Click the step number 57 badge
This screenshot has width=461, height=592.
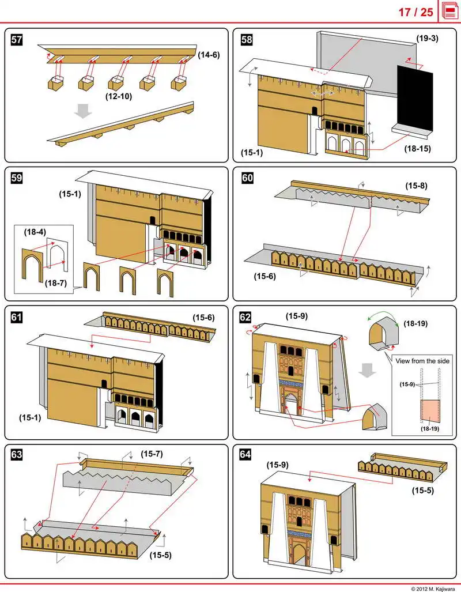click(x=17, y=40)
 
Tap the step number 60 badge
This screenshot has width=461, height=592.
click(x=247, y=178)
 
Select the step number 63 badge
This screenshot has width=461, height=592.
click(x=17, y=455)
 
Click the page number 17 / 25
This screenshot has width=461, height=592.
click(x=415, y=12)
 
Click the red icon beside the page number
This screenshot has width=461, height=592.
click(x=449, y=12)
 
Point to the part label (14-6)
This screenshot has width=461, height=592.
click(x=209, y=55)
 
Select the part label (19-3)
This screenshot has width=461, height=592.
click(x=428, y=39)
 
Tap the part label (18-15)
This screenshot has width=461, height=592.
click(x=418, y=148)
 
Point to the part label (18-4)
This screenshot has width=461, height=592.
click(x=35, y=232)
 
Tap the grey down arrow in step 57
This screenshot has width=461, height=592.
click(x=84, y=111)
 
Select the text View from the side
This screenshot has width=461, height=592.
click(x=422, y=361)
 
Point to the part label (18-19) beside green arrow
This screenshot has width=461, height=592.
click(x=415, y=324)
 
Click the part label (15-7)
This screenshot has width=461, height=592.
click(x=152, y=454)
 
